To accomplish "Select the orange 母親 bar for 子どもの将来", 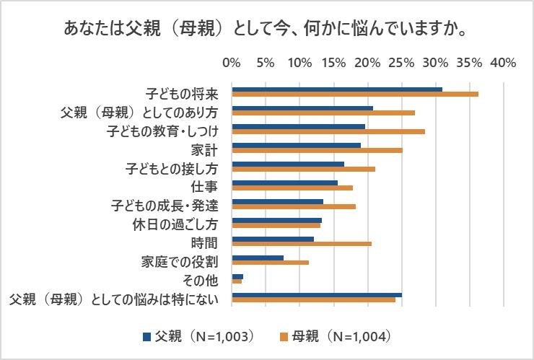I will point(354,94).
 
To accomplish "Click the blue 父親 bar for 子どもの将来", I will point(336,89).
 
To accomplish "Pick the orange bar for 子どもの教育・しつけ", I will point(328,131).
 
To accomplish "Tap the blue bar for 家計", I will point(296,145).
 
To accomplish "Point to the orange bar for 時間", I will point(301,244).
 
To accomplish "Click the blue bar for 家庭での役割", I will point(258,258).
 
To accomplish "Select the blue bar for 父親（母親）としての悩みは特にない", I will point(316,295).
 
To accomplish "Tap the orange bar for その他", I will point(237,281).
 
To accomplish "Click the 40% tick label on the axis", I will point(502,63).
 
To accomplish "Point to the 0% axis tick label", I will point(232,63).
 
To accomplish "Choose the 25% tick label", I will point(401,63).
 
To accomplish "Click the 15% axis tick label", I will point(333,63).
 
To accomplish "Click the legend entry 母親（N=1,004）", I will point(338,335).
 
